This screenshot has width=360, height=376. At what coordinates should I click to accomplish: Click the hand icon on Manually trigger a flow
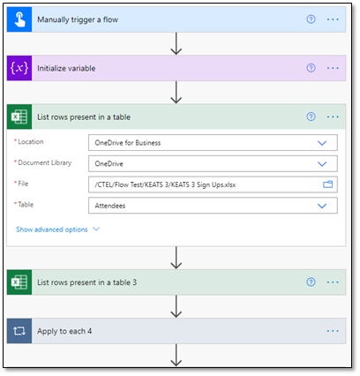coord(19,19)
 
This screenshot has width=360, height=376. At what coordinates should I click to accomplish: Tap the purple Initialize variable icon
coord(19,68)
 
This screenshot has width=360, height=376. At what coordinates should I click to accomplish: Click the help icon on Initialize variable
coord(311,68)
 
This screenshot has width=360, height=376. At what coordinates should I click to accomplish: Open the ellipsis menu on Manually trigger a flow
coord(333,19)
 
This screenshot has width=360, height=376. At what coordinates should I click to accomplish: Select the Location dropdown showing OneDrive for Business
coord(213,143)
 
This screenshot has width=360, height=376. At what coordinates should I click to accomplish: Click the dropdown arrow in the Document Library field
coord(322,164)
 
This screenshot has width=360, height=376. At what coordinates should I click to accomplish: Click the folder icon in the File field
coord(327,184)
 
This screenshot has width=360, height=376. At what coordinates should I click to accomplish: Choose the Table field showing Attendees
coord(213,206)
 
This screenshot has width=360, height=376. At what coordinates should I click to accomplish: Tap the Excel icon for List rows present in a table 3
coord(19,282)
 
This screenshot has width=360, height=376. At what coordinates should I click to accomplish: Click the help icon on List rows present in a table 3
coord(311,282)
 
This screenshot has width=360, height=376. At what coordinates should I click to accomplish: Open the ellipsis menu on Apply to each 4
coord(333,331)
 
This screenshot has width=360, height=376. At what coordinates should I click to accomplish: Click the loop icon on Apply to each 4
coord(19,331)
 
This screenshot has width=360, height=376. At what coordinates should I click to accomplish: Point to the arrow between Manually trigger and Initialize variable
coord(176,43)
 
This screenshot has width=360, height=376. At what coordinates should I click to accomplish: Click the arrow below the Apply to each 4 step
coord(176,355)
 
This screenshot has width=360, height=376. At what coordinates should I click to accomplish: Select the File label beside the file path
coord(23,184)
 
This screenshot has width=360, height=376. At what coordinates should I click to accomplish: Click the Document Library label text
coord(45,162)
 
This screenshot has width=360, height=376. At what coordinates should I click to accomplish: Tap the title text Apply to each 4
coord(64,331)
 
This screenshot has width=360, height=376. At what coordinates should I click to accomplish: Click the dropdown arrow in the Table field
coord(322,206)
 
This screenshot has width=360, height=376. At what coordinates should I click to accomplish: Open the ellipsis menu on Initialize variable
coord(333,68)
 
